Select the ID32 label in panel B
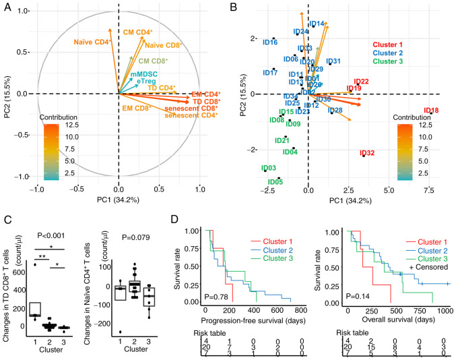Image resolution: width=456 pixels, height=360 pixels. click(x=367, y=153)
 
